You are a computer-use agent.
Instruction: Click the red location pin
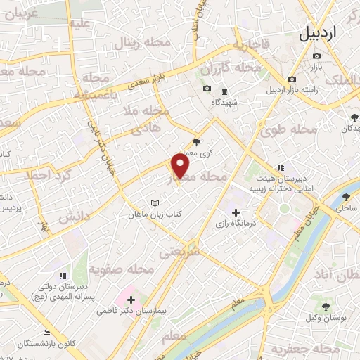(x=181, y=167)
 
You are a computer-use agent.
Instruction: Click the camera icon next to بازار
(x=316, y=56)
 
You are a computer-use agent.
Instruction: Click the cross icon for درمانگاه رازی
(x=235, y=212)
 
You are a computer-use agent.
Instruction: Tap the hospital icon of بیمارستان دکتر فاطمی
(x=131, y=300)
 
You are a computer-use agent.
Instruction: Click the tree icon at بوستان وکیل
(x=326, y=306)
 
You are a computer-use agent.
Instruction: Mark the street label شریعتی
(x=179, y=252)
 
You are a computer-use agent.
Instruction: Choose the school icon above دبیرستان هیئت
(x=280, y=167)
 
